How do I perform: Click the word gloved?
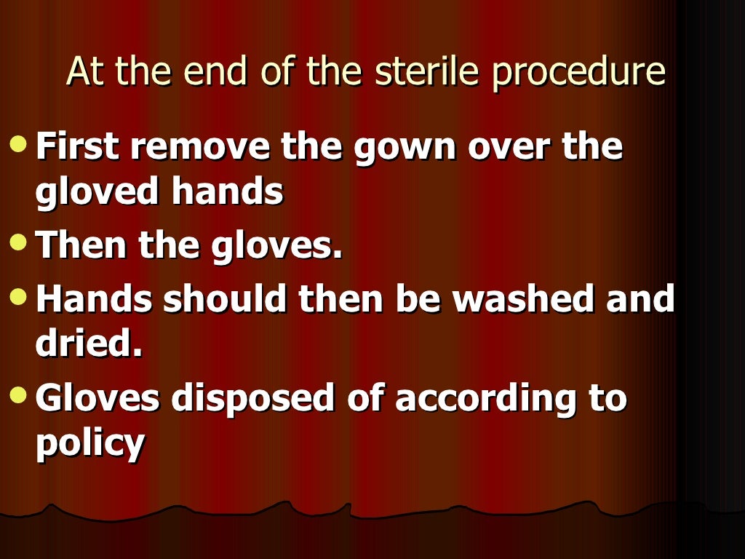[97, 193]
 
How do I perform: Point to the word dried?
[88, 345]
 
